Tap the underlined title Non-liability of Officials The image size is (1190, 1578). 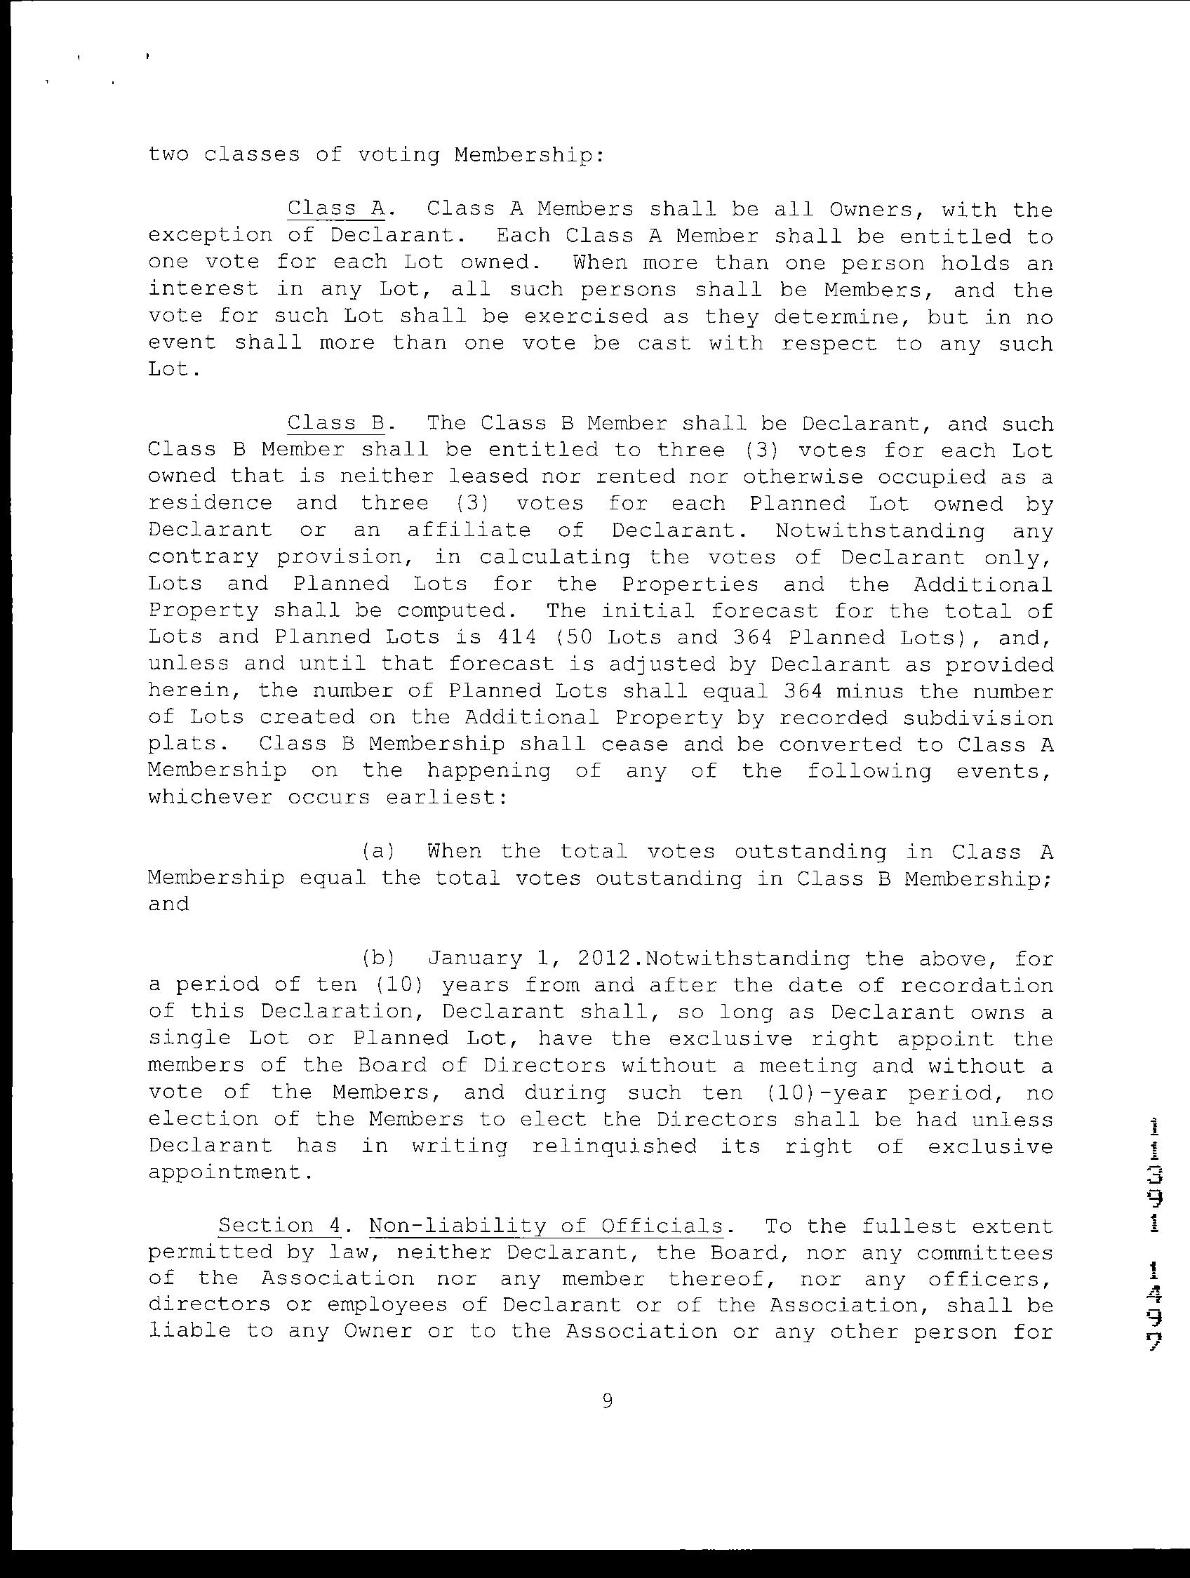[546, 1226]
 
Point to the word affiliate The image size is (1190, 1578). [469, 530]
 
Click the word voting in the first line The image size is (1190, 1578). [397, 155]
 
